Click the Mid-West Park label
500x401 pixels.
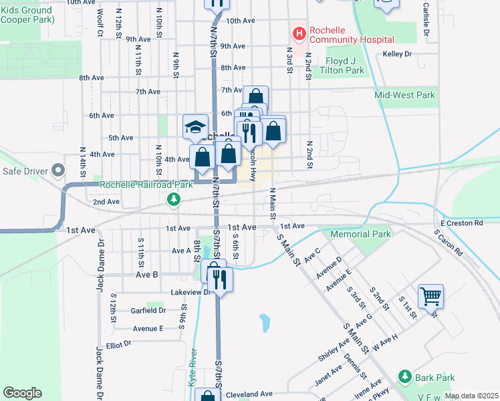coord(404,95)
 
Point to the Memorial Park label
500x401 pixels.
coord(360,235)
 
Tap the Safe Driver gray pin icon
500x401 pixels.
coord(58,172)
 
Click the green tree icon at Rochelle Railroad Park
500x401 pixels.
coord(174,199)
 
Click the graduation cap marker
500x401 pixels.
coord(195,126)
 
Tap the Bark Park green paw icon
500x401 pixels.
coord(404,378)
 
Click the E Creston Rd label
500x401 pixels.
coord(461,223)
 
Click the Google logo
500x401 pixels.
coord(22,393)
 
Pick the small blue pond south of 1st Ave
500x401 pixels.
coord(265,323)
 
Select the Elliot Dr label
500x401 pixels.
coord(113,344)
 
